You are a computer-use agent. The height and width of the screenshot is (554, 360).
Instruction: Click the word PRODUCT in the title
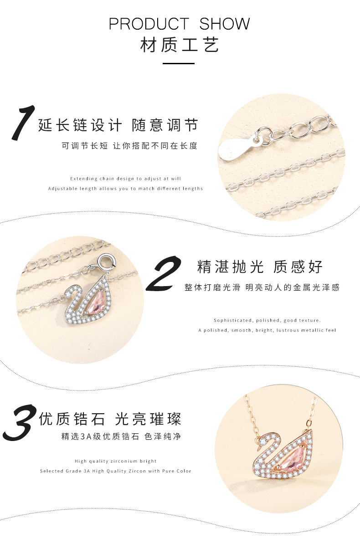(x=149, y=24)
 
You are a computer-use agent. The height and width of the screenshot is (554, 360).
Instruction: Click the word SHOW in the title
(x=224, y=24)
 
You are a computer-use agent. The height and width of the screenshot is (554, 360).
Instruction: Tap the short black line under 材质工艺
(x=178, y=64)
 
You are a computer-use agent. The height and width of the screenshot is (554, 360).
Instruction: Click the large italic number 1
(x=23, y=123)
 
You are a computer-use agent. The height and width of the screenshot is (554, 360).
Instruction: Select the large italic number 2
(x=164, y=273)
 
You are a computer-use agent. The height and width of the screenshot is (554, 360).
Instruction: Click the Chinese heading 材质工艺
(x=180, y=45)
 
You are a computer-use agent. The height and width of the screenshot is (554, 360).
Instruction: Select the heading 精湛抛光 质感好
(x=260, y=267)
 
